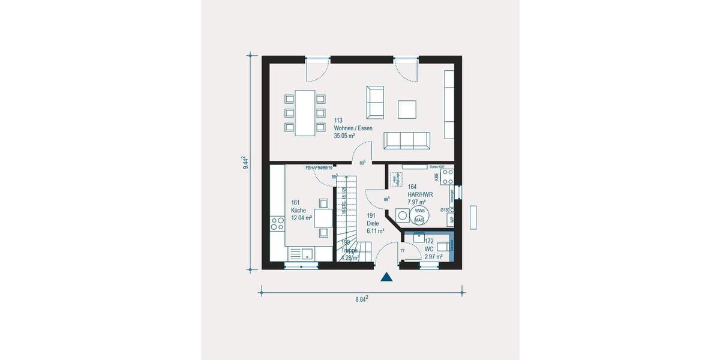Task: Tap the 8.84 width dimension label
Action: coord(361,298)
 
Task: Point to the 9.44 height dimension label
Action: coord(245,162)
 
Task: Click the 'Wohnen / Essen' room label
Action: coord(353,128)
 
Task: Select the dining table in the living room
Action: coord(304,112)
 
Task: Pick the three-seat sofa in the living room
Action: coord(407,140)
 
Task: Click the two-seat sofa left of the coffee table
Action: coord(375,102)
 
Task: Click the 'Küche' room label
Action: coord(298,211)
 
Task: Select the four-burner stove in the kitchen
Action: coord(277,224)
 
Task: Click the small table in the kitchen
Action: coord(323,217)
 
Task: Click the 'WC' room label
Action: coord(428,249)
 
